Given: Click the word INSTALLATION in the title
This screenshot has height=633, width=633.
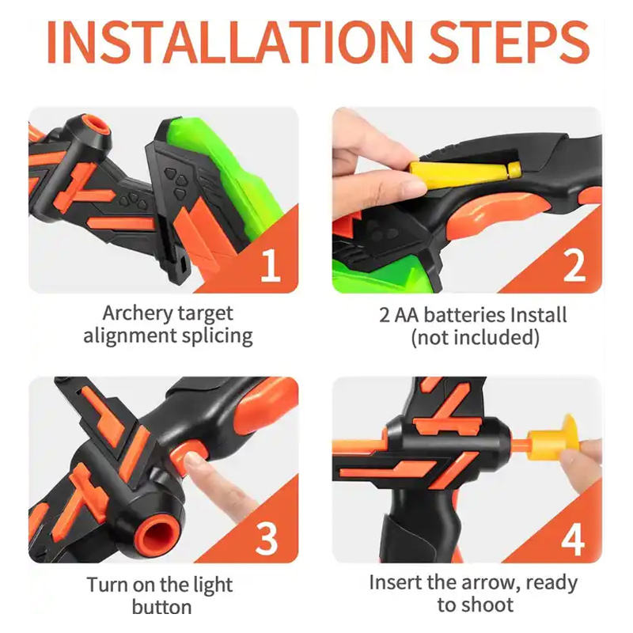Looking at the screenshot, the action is click(x=230, y=43).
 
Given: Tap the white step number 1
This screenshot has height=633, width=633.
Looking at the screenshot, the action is click(x=270, y=265).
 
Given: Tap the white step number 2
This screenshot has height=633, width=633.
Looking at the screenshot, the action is click(x=574, y=265).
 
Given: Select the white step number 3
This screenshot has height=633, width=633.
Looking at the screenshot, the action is click(x=267, y=538).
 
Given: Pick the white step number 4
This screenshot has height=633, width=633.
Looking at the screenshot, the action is click(x=573, y=539).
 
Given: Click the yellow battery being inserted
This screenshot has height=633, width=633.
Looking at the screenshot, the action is click(x=465, y=170).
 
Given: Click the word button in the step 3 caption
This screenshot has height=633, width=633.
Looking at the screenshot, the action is click(x=162, y=607).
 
